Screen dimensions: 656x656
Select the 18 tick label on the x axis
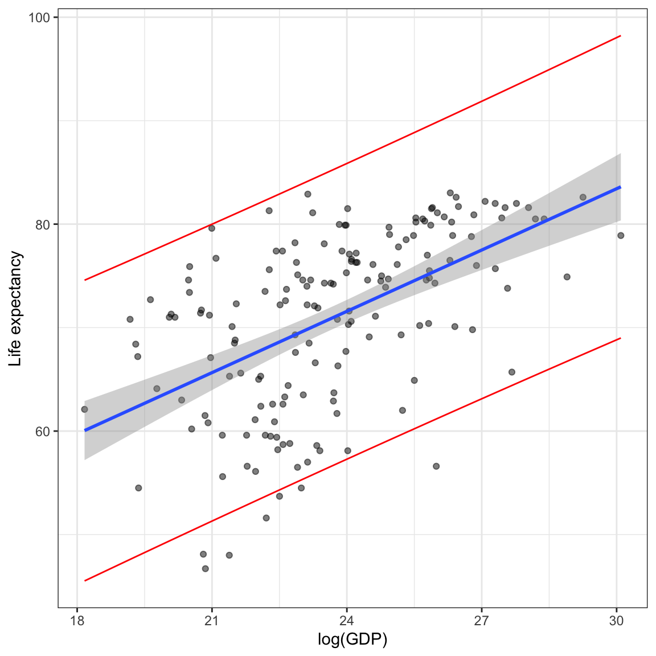77,621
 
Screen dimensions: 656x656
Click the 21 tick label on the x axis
212,621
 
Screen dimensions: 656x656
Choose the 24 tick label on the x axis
347,621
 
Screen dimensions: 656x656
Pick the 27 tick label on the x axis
482,621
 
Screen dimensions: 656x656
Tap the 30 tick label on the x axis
617,621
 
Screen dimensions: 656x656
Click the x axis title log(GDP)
352,639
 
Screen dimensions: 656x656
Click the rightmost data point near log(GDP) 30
621,236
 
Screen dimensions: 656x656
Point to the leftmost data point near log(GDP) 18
84,409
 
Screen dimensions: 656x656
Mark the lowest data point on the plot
206,569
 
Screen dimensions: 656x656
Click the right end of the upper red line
621,35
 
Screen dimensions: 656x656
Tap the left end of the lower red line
84,581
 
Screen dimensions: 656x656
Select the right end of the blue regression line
621,187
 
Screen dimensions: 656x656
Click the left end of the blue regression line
84,430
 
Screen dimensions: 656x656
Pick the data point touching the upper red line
212,228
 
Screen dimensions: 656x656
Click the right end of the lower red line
621,338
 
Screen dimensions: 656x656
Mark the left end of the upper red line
84,280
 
